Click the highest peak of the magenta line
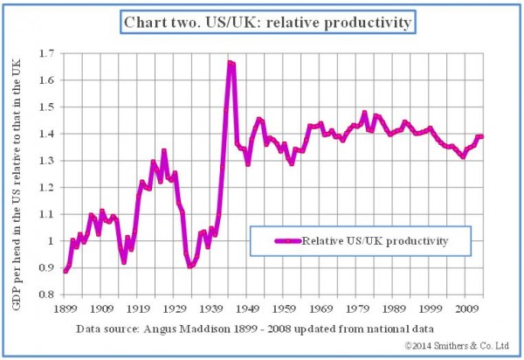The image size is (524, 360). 230,62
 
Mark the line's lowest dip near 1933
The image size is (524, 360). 190,266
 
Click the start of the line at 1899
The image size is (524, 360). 65,271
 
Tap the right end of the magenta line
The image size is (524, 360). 481,136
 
